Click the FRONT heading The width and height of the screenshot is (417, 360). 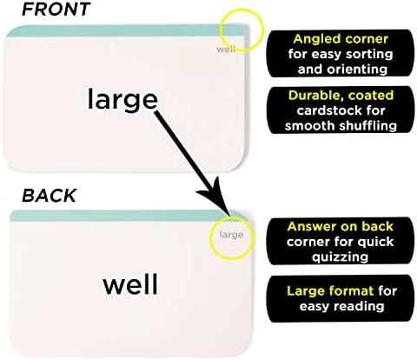click(56, 9)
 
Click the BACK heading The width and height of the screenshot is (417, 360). click(50, 196)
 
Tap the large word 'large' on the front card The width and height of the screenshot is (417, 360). click(122, 100)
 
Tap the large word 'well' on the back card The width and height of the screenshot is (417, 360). click(130, 283)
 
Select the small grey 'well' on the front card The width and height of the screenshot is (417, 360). click(226, 49)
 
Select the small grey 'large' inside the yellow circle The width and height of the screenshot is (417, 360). click(231, 235)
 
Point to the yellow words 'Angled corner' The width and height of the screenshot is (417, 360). click(341, 39)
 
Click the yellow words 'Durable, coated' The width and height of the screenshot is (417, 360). click(341, 96)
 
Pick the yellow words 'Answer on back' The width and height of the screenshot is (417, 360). click(341, 226)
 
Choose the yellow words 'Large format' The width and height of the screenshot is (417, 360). click(330, 290)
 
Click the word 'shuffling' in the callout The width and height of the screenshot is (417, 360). click(367, 126)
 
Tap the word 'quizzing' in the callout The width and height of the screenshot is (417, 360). click(341, 257)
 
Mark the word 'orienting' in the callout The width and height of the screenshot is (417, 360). click(360, 70)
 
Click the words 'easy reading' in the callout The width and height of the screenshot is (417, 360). click(341, 306)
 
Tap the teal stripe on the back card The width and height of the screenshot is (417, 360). click(124, 216)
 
